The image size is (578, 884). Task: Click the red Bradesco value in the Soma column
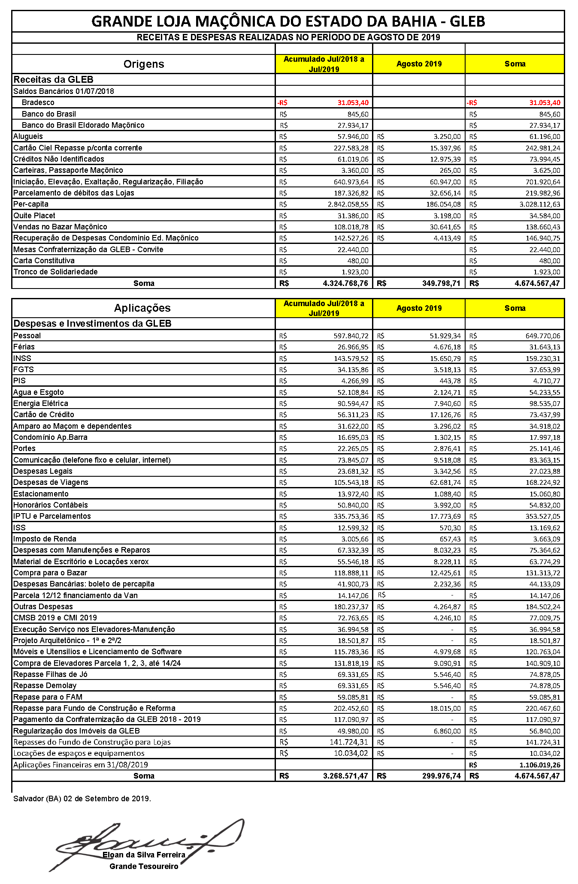[x=544, y=103]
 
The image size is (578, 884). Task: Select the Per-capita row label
[x=31, y=204]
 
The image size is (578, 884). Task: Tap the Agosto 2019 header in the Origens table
[x=419, y=64]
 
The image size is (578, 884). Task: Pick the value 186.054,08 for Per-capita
[x=443, y=204]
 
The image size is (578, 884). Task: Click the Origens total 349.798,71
[x=441, y=283]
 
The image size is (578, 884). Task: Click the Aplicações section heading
[x=142, y=308]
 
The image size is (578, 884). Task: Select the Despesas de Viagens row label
[x=51, y=482]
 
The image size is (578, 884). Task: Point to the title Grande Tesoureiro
[x=144, y=866]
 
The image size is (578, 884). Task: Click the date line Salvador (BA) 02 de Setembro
[x=82, y=799]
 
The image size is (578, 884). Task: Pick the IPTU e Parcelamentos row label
[x=52, y=516]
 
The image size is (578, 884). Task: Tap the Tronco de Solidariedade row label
[x=55, y=272]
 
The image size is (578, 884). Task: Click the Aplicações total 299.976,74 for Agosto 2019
[x=441, y=776]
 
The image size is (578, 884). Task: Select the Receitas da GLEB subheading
[x=53, y=79]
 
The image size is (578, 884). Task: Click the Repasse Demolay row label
[x=45, y=686]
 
